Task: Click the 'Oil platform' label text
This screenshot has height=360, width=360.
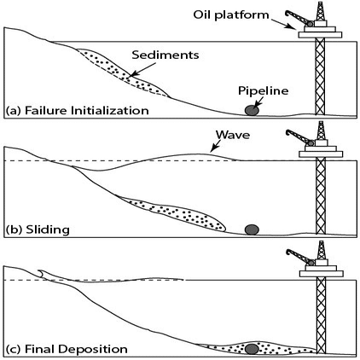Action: tap(231, 15)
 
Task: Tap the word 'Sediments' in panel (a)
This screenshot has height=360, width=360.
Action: tap(165, 55)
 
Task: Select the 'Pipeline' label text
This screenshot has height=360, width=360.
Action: tap(264, 90)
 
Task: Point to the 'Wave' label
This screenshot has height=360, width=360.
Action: tap(233, 135)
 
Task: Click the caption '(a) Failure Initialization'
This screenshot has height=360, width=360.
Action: tap(78, 110)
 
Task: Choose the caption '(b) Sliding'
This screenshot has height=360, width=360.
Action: tap(38, 229)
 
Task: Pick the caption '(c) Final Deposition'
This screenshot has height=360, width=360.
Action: tap(67, 349)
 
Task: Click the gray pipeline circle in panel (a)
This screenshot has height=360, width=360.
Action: tap(252, 110)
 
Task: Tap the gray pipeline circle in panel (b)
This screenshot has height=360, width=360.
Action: tap(252, 229)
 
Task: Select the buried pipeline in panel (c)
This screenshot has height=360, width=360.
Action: tap(252, 349)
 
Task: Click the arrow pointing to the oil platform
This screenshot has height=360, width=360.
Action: tap(284, 24)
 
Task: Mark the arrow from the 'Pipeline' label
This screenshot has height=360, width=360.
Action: tap(259, 102)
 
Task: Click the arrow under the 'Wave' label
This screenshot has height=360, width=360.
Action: tap(215, 146)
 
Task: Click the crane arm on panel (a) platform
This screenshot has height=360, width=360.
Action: tap(299, 17)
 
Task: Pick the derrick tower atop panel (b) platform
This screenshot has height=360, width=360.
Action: tap(321, 131)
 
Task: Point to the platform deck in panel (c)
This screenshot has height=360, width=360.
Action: tap(321, 273)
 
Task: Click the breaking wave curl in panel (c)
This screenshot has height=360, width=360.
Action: tap(41, 273)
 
